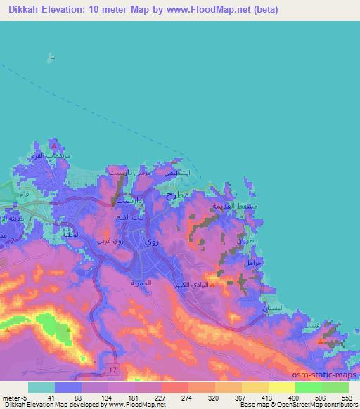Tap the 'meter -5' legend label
15,397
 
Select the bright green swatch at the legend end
335,387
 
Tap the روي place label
151,241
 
